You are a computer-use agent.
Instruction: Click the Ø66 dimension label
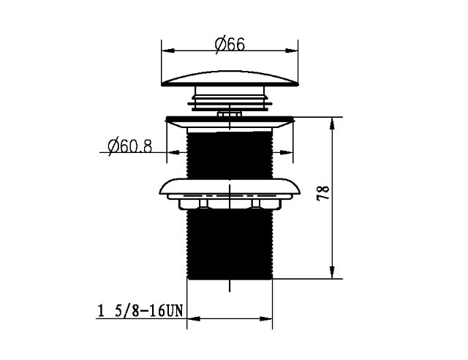coord(230,45)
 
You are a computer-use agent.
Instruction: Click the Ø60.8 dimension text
coord(130,146)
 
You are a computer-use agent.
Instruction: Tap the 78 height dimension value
coord(323,192)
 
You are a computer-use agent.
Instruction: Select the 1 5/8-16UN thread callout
coord(140,311)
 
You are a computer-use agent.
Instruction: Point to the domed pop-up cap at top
coord(230,79)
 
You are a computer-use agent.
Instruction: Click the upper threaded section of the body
coord(230,155)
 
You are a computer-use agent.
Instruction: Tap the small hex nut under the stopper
coord(230,114)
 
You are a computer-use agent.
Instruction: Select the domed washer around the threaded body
coord(230,187)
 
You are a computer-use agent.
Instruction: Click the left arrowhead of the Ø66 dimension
coord(167,50)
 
